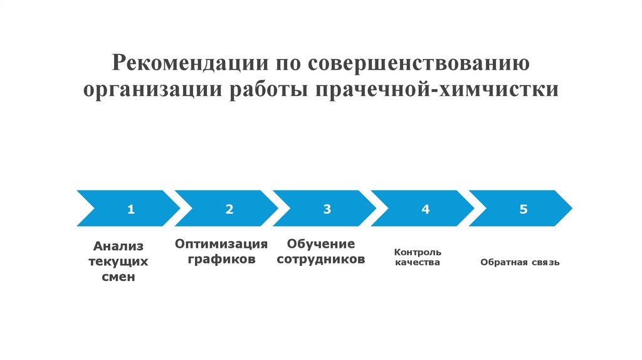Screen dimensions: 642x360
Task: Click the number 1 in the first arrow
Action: pyautogui.click(x=131, y=209)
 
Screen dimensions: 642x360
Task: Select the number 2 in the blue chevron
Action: pyautogui.click(x=229, y=209)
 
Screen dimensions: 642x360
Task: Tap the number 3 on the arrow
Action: pyautogui.click(x=327, y=209)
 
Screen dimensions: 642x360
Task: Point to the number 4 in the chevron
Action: pyautogui.click(x=426, y=209)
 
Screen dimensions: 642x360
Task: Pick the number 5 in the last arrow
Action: pyautogui.click(x=524, y=209)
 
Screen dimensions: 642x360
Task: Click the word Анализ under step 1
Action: pyautogui.click(x=118, y=246)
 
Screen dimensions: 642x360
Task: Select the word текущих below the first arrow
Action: pyautogui.click(x=118, y=261)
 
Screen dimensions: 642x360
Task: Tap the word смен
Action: pyautogui.click(x=118, y=277)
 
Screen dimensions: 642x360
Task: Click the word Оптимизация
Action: pyautogui.click(x=221, y=243)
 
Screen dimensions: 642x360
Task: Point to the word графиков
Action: pyautogui.click(x=221, y=258)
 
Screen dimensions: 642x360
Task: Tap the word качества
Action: pyautogui.click(x=417, y=263)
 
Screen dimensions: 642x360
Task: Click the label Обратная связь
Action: pyautogui.click(x=520, y=262)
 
